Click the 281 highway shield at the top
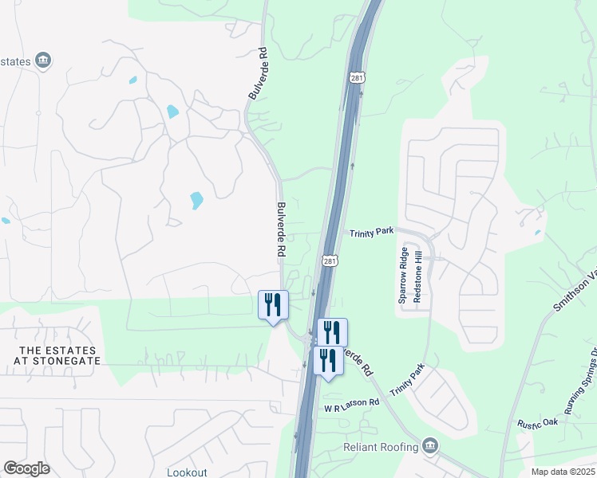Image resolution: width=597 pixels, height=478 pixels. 358,77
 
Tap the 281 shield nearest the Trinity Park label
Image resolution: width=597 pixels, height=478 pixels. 330,261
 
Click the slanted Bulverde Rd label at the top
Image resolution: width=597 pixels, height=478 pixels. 257,73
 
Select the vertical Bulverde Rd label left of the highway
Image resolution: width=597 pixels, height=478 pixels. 281,229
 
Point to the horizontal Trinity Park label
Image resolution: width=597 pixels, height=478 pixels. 372,232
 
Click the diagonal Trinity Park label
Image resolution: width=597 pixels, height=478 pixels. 407,382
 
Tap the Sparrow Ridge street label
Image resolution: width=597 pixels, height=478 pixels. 404,275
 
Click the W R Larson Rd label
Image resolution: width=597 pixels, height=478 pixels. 350,406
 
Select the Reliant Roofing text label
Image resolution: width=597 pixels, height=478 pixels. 381,447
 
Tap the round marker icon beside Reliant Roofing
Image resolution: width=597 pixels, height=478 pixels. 431,445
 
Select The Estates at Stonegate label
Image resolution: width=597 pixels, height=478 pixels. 58,355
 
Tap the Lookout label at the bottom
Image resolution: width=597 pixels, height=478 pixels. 187,472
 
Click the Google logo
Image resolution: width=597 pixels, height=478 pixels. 26,468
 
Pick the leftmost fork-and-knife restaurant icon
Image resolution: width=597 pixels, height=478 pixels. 273,305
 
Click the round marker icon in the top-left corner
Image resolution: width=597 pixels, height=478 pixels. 44,61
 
